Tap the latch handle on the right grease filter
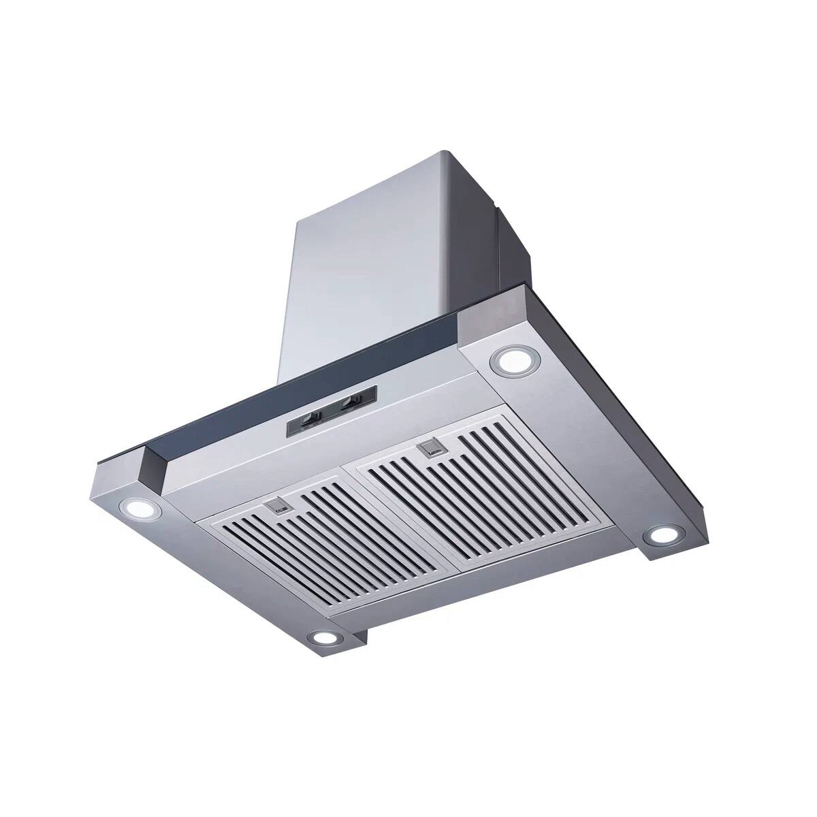point(432,448)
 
